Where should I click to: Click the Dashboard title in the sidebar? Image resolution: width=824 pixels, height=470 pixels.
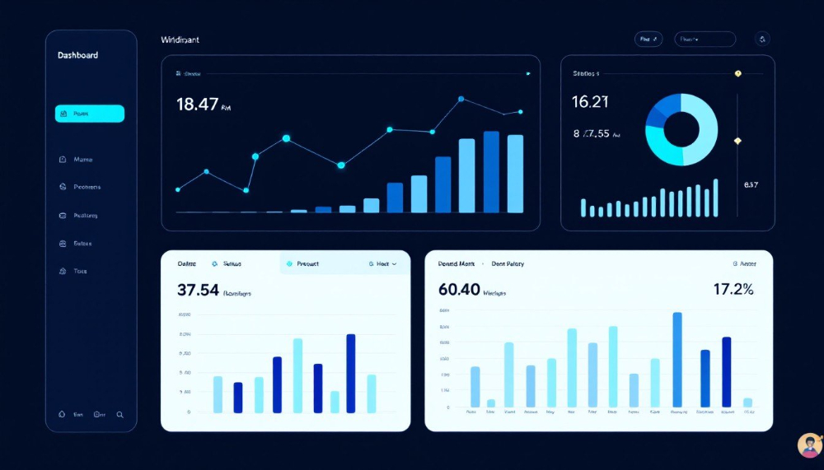[x=77, y=55]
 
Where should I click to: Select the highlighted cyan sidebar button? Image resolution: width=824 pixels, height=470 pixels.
[x=90, y=114]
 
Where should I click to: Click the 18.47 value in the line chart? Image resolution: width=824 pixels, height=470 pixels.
[x=198, y=104]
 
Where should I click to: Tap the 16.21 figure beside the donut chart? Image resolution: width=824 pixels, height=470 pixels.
[x=590, y=101]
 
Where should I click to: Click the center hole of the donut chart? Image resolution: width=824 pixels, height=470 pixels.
[x=681, y=129]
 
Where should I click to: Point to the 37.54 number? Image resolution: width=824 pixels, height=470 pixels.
[x=198, y=290]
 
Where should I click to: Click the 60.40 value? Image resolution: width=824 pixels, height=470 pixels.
[x=460, y=289]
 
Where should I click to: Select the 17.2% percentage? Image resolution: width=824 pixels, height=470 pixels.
[x=733, y=289]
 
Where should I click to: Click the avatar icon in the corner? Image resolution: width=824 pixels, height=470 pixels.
[x=809, y=445]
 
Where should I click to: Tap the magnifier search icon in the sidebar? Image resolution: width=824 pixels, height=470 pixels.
[x=120, y=415]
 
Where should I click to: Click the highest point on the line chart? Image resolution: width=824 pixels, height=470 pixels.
[x=461, y=100]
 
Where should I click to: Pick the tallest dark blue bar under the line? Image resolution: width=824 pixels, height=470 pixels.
[x=491, y=171]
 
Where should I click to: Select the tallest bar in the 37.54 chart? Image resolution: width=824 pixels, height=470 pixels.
[x=350, y=372]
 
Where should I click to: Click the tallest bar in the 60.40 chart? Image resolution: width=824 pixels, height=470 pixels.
[x=677, y=360]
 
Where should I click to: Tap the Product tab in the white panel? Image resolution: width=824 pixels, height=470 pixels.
[x=305, y=264]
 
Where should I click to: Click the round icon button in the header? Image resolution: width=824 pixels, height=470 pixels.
[x=762, y=39]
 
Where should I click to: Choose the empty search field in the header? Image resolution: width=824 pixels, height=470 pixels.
[x=705, y=39]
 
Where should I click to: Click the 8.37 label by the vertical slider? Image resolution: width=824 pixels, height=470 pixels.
[x=751, y=184]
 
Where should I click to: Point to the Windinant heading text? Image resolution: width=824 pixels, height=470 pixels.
[x=180, y=40]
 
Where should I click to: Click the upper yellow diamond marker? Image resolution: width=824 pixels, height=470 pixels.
[x=737, y=73]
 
